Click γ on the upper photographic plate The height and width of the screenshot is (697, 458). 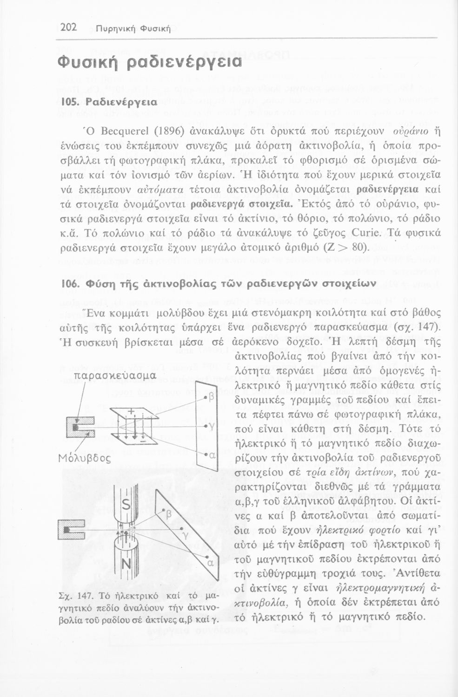point(212,426)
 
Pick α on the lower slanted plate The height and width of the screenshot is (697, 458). point(210,564)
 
